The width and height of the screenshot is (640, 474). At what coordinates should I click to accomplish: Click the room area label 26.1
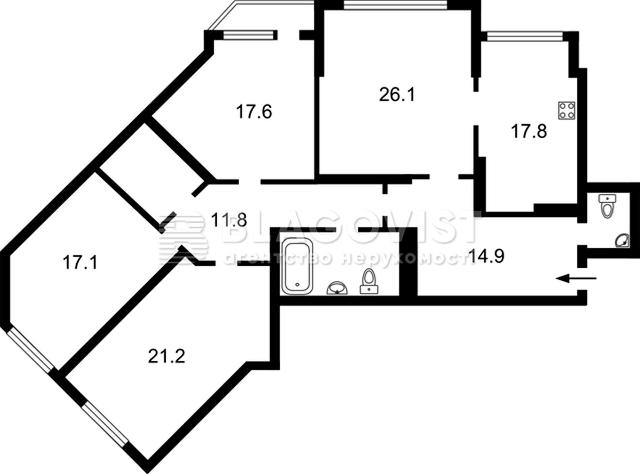click(x=397, y=95)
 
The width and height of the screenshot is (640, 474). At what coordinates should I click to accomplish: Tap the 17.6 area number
click(x=254, y=112)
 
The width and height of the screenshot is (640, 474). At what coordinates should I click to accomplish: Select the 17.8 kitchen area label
click(x=529, y=131)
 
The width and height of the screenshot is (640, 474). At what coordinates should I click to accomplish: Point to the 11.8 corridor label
click(x=229, y=220)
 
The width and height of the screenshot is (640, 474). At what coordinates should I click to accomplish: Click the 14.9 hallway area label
click(x=486, y=256)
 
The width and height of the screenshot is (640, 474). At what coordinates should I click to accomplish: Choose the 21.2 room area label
click(x=166, y=356)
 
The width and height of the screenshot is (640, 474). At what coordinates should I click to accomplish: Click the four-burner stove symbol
click(x=567, y=110)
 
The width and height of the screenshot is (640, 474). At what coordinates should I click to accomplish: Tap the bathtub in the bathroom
click(x=298, y=266)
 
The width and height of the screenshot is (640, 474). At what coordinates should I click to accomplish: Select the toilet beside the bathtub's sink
click(x=369, y=282)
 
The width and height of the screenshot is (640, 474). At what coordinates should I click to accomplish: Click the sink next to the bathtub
click(x=337, y=288)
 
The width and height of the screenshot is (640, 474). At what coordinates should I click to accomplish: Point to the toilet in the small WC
click(x=607, y=206)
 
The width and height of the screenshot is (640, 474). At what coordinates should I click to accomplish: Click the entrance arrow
click(x=576, y=278)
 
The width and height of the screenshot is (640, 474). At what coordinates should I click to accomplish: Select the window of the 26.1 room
click(x=395, y=5)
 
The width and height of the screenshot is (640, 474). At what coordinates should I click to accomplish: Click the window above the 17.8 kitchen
click(x=525, y=36)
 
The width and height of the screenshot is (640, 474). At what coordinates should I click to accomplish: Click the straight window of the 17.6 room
click(x=248, y=35)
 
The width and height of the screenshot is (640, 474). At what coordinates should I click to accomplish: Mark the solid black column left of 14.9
click(x=408, y=262)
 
